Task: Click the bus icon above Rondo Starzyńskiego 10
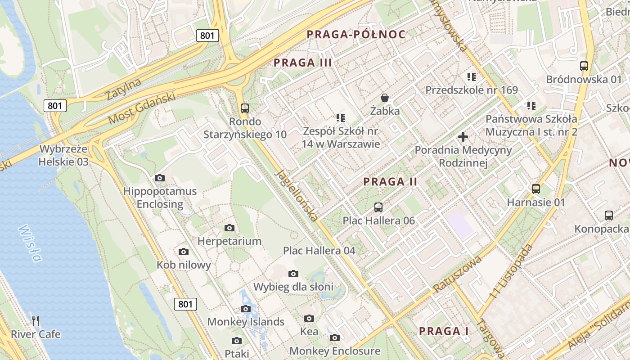[x=245, y=108]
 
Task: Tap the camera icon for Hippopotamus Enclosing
[x=160, y=178]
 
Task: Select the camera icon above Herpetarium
[x=229, y=228]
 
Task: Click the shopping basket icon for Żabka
[x=385, y=97]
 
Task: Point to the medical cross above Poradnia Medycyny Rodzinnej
[x=463, y=136]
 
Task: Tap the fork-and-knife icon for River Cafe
[x=36, y=320]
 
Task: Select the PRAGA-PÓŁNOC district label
[x=356, y=34]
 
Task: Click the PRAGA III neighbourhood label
[x=303, y=63]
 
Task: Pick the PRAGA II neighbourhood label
[x=390, y=182]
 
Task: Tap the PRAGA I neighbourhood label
[x=444, y=332]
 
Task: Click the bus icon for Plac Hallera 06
[x=378, y=207]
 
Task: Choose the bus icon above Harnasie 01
[x=535, y=189]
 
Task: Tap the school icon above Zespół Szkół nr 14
[x=341, y=118]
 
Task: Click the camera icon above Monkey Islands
[x=245, y=308]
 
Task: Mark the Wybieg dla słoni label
[x=293, y=287]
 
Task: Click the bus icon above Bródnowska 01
[x=584, y=66]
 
